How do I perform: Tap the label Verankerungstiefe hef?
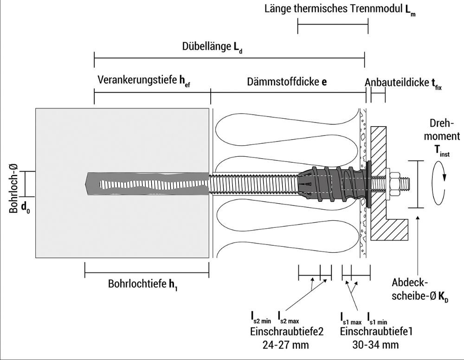(144, 81)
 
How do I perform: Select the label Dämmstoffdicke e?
(287, 82)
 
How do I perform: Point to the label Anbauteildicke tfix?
(403, 83)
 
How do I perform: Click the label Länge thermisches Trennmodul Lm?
(340, 9)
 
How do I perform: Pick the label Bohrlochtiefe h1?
(143, 284)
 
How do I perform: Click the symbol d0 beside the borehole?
(25, 208)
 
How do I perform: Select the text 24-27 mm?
(285, 345)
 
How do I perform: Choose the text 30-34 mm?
(375, 345)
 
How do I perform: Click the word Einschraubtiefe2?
(287, 332)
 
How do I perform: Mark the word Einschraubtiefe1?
(376, 331)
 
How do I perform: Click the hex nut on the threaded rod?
(394, 184)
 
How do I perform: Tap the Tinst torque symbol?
(442, 151)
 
